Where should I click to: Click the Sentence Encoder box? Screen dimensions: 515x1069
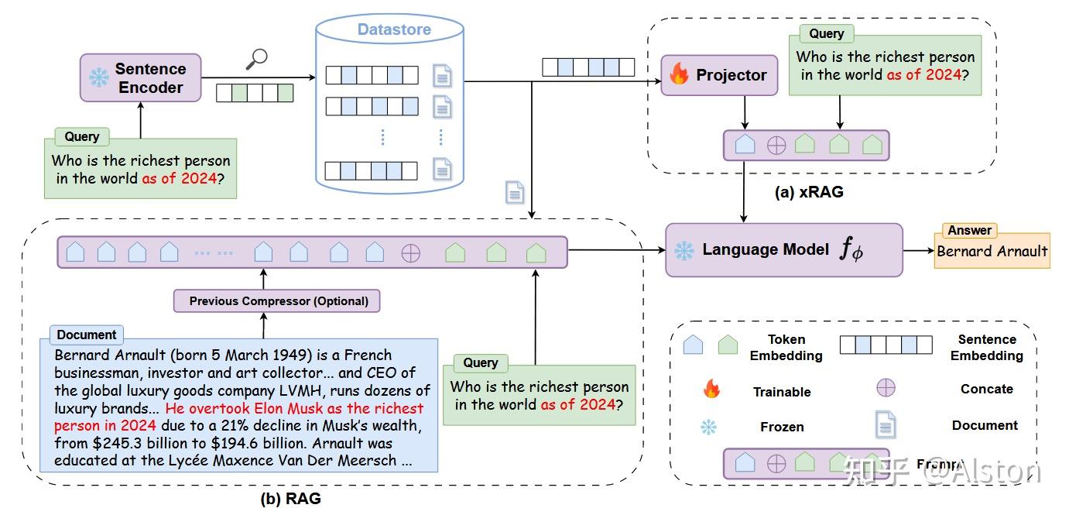[140, 77]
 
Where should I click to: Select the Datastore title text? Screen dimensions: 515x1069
[394, 30]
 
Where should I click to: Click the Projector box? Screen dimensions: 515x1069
[719, 75]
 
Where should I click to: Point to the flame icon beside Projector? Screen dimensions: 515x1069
[679, 74]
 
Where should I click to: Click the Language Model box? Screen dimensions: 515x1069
[783, 250]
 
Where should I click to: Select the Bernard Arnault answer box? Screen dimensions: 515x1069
[992, 251]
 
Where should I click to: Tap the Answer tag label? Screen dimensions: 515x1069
[969, 230]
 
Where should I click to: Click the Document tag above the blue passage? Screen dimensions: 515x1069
[87, 335]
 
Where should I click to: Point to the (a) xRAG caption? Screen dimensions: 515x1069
[809, 193]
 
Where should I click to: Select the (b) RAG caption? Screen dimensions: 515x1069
[290, 499]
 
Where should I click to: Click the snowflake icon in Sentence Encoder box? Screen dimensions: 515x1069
[99, 78]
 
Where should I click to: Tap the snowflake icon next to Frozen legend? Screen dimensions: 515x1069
[708, 427]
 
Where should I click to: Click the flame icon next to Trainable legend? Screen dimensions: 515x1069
[710, 390]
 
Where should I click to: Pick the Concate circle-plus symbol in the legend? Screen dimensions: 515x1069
[886, 388]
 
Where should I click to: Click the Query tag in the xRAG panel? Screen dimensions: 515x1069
[827, 33]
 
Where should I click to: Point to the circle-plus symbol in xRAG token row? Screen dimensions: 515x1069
[776, 145]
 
